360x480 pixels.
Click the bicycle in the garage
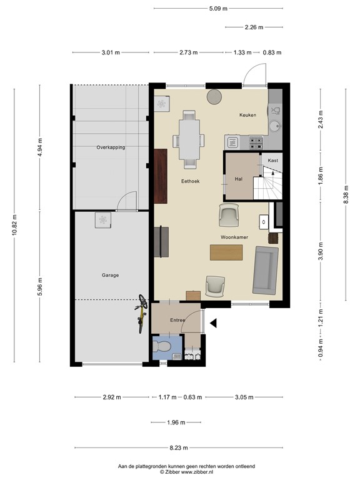[142, 311]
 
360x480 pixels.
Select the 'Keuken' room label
[248, 116]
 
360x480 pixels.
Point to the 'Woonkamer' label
[231, 237]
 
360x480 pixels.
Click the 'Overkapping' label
[111, 147]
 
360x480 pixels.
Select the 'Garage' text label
[110, 275]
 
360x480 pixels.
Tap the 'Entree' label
[178, 320]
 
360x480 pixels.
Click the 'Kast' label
[272, 161]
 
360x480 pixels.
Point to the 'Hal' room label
[238, 178]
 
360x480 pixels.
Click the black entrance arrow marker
[213, 323]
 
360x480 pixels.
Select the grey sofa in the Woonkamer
[266, 270]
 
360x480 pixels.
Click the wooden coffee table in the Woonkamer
[226, 251]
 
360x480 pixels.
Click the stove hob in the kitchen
[256, 142]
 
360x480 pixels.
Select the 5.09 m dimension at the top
[217, 9]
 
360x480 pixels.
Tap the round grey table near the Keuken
[214, 96]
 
